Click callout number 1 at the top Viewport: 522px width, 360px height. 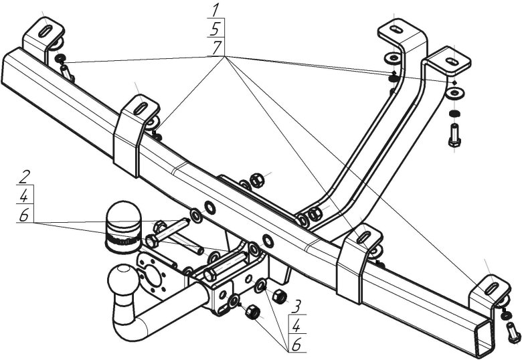(215, 9)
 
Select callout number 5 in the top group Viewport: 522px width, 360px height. (215, 28)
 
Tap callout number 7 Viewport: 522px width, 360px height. (215, 48)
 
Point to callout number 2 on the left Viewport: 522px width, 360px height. (24, 177)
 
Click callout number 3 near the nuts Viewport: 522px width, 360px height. (295, 306)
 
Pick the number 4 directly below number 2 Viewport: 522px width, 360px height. (24, 197)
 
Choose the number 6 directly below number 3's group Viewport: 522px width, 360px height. (295, 345)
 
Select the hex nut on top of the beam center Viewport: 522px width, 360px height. (256, 179)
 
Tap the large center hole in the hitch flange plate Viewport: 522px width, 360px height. (153, 277)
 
